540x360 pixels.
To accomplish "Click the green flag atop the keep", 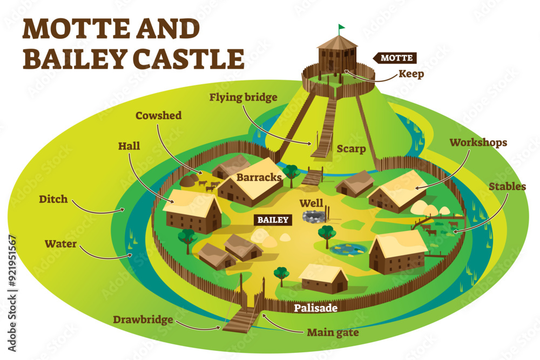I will (341, 27).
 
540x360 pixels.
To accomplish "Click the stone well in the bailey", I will (313, 217).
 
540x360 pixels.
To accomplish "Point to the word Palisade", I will (316, 308).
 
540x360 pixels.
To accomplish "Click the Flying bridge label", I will (244, 98).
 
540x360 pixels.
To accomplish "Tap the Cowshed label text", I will (158, 116).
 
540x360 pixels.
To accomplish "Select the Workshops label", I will (478, 142).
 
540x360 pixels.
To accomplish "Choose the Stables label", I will (507, 187).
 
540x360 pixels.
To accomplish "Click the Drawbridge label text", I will (143, 319).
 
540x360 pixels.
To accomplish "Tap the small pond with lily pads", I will (348, 249).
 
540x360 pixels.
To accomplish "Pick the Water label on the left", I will (60, 244).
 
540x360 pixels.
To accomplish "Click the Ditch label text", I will (53, 199).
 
